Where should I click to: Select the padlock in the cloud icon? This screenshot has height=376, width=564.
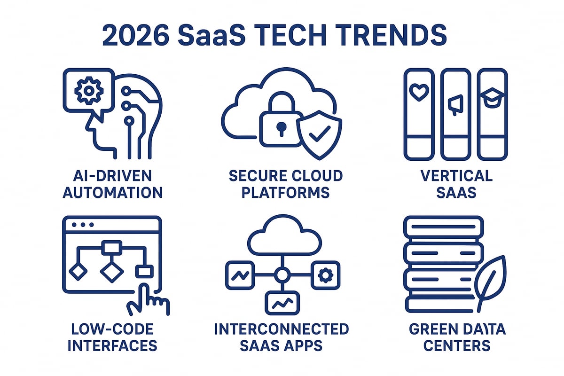coord(281,125)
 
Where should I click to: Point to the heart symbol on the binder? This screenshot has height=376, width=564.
coord(416,93)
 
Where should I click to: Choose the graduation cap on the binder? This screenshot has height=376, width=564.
coord(492,97)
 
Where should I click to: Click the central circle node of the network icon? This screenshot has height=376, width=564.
coord(282,275)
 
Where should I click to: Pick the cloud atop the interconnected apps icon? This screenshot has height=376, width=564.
coord(281,237)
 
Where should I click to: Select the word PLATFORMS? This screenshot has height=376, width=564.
coord(285,193)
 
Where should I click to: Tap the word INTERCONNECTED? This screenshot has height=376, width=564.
coord(282,329)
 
